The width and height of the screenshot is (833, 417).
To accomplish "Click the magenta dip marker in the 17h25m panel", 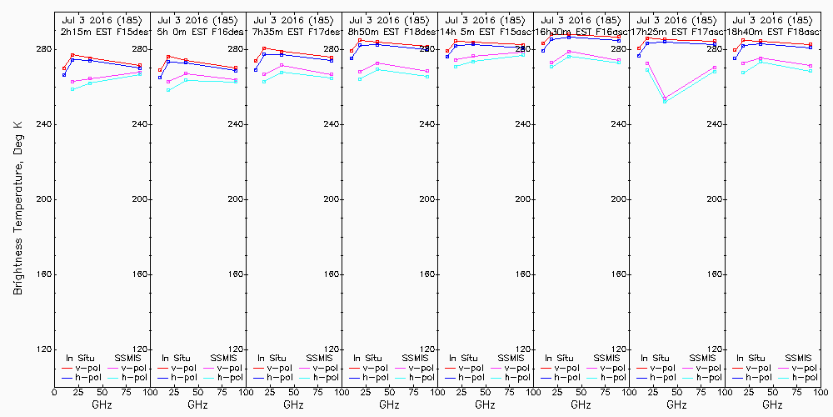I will [x=665, y=98].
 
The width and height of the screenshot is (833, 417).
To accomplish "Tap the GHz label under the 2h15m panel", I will [x=102, y=405].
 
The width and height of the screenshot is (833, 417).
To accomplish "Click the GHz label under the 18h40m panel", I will [x=772, y=405].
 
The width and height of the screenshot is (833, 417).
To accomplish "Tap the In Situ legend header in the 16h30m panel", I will [x=558, y=358].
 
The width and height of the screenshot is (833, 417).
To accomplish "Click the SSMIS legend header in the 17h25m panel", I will [x=702, y=358].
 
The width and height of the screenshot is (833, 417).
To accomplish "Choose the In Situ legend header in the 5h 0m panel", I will [x=175, y=358].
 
